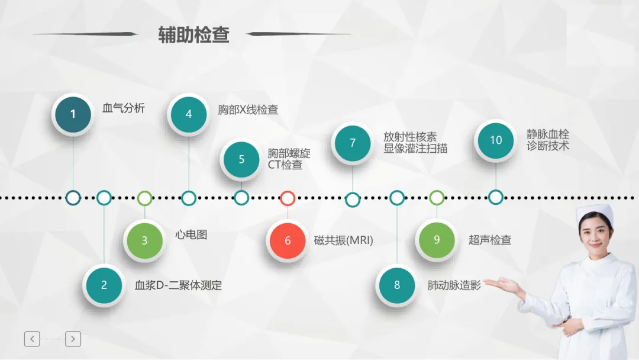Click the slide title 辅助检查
[193, 35]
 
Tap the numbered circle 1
[73, 114]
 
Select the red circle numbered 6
[288, 240]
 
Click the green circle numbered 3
[145, 240]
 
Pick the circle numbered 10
[496, 140]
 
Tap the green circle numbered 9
[437, 240]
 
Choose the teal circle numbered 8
[397, 285]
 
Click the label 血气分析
[124, 108]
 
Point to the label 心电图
[191, 234]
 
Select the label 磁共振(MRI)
[344, 240]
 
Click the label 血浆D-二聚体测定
[178, 285]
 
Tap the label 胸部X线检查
[248, 110]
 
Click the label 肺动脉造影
[454, 285]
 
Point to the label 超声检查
[490, 240]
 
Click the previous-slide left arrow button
[32, 339]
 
